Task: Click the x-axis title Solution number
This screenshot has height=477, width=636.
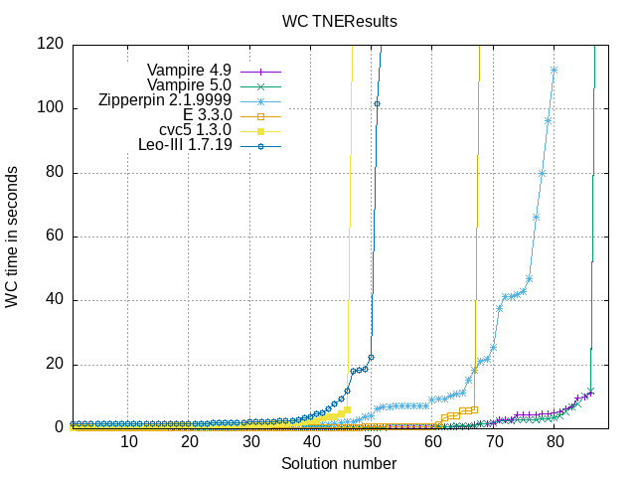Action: pos(339,463)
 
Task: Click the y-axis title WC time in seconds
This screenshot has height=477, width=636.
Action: pos(12,236)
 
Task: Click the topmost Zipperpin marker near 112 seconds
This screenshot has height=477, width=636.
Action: pos(555,70)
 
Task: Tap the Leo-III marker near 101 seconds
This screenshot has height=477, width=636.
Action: pos(377,103)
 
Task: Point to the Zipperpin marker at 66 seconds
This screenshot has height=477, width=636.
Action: pos(536,217)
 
